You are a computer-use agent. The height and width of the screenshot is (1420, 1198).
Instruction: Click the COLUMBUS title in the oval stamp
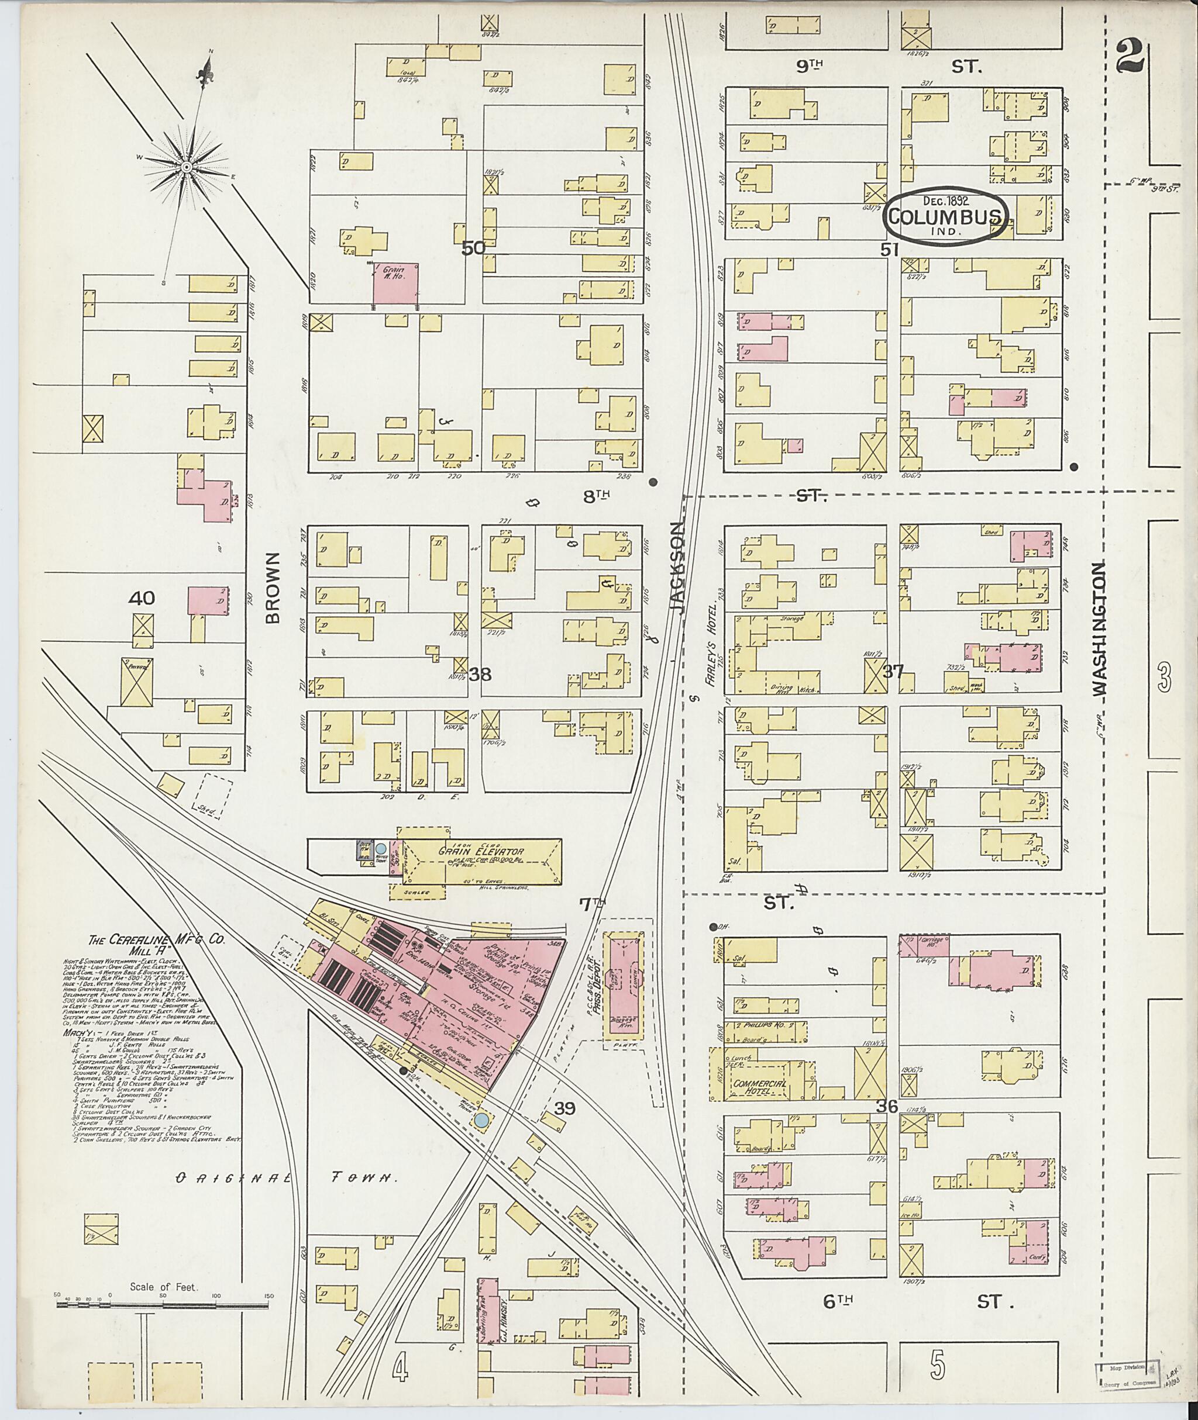(x=945, y=217)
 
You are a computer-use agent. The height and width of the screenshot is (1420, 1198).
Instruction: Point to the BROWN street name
(x=273, y=588)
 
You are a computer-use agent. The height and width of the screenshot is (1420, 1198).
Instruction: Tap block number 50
(x=473, y=248)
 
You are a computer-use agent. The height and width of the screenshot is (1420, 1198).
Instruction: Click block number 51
(x=890, y=250)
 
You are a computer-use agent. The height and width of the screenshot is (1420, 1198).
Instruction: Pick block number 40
(x=143, y=598)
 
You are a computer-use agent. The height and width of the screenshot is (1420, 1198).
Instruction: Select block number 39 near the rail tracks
(x=564, y=1108)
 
